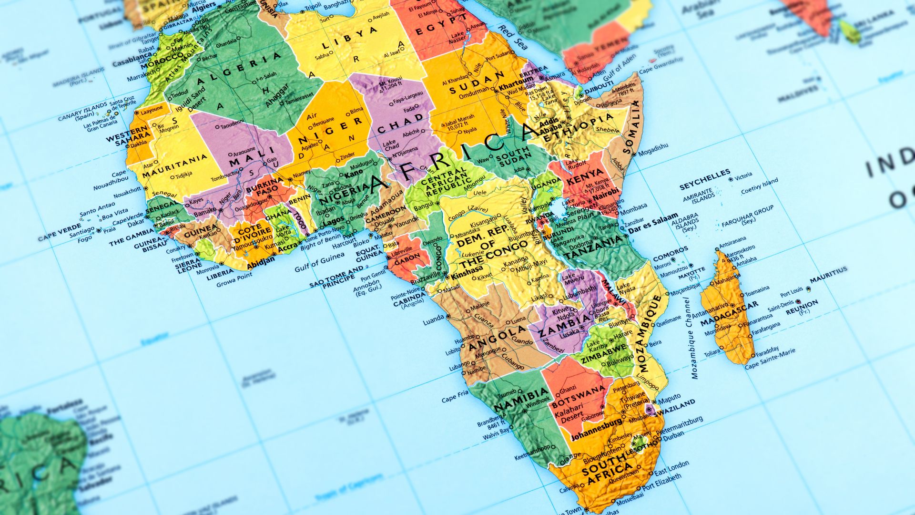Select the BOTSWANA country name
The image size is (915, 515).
click(x=578, y=397)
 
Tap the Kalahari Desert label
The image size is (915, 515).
click(x=568, y=414)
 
